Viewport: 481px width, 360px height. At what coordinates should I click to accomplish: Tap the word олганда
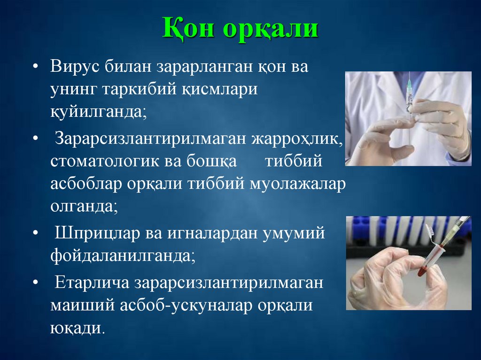tap(83, 207)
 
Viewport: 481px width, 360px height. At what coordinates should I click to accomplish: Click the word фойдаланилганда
tap(122, 256)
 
